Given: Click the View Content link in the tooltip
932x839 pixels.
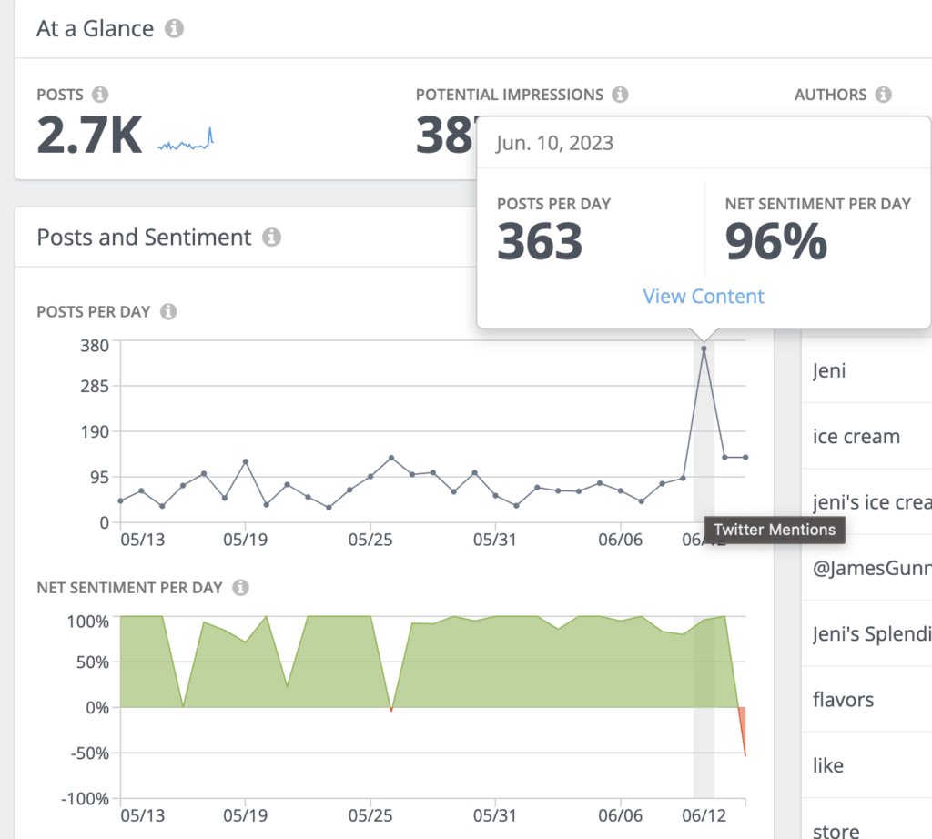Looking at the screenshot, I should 704,297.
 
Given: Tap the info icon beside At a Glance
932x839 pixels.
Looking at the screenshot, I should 174,28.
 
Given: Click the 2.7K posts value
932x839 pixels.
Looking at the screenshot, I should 89,136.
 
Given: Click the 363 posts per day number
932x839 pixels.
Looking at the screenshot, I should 540,242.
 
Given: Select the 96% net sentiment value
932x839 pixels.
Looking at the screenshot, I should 775,242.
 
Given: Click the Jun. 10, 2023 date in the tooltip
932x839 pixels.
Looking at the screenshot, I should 554,143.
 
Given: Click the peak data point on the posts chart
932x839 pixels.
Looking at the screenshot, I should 704,349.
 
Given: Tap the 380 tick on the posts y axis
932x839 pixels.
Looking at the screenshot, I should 95,345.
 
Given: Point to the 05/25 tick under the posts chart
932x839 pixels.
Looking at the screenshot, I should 370,540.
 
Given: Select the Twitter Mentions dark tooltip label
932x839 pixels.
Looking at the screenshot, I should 775,530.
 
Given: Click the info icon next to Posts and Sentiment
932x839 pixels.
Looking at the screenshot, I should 271,238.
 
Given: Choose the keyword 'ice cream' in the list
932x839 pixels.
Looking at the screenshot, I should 856,437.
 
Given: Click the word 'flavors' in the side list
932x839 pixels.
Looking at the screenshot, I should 843,700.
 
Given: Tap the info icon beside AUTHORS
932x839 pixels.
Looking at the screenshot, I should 882,95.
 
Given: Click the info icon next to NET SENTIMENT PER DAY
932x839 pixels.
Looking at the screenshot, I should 240,588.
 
